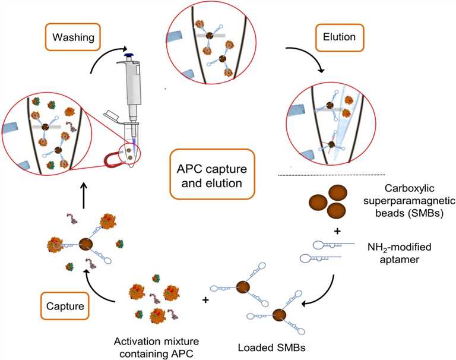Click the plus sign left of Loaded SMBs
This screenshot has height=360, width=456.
tap(206, 301)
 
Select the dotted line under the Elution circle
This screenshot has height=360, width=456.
tap(332, 175)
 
